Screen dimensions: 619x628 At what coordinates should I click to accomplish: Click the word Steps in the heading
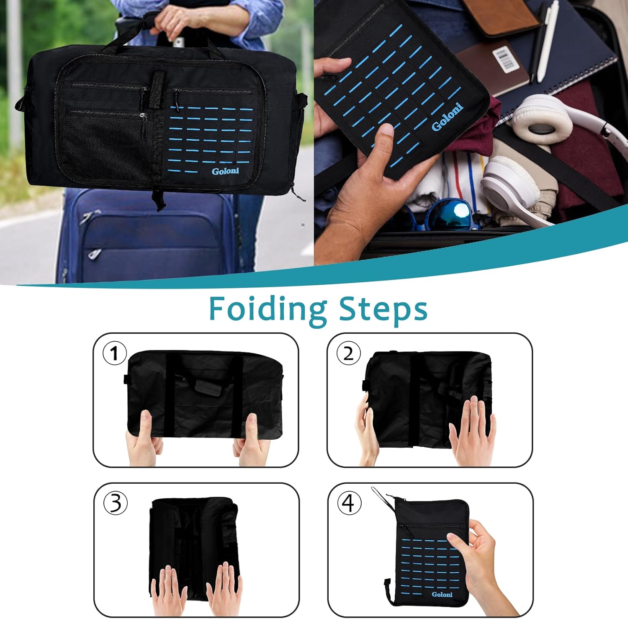coord(383,309)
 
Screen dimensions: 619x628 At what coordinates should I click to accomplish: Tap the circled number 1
coord(114,353)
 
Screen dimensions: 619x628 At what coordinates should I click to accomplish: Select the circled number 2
coord(348,353)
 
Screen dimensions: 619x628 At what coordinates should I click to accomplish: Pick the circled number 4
coord(349,503)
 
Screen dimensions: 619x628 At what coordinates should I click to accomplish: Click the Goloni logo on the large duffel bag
coord(225,171)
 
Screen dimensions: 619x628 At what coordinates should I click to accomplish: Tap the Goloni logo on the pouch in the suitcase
coord(447,117)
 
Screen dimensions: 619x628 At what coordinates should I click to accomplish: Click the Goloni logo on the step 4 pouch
coord(442,594)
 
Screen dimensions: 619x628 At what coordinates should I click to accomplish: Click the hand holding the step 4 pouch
coord(481,553)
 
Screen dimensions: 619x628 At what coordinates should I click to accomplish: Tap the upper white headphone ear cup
coord(542,119)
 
